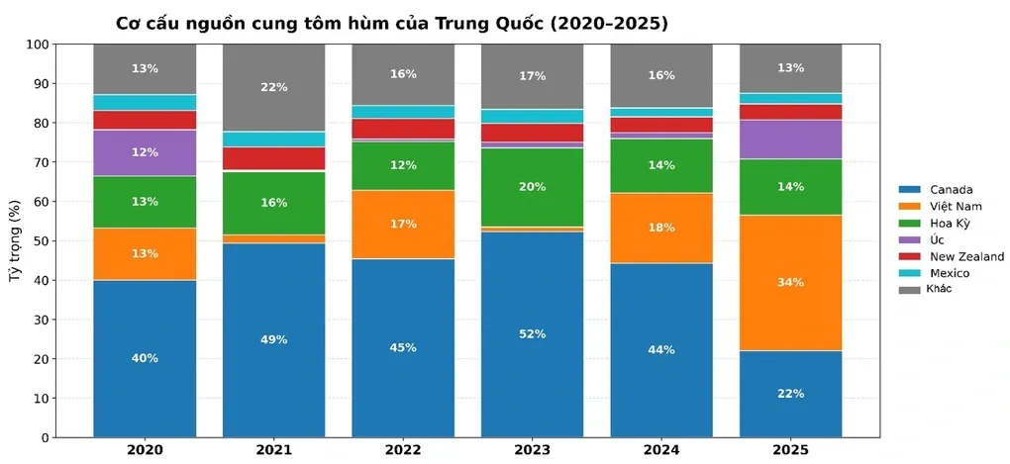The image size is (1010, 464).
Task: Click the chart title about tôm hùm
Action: tap(391, 23)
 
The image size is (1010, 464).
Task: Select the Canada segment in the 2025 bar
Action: tap(790, 394)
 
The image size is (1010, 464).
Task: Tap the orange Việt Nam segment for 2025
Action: tap(790, 282)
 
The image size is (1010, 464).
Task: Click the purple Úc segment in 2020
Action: tap(145, 152)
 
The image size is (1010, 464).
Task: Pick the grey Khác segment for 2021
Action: tap(274, 87)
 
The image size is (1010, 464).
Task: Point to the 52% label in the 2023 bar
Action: tap(533, 334)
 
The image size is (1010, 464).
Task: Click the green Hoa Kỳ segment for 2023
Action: tap(533, 187)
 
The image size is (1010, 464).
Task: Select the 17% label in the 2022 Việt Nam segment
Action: tap(403, 225)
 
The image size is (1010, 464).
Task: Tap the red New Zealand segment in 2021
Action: tap(274, 158)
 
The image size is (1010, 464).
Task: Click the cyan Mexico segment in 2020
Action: tap(145, 102)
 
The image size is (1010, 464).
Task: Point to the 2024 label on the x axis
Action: tap(661, 451)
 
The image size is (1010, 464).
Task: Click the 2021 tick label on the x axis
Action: tap(274, 451)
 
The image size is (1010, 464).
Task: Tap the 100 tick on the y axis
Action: tap(37, 45)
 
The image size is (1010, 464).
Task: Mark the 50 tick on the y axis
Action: tap(41, 241)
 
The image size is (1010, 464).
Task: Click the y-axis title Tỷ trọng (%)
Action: tap(15, 241)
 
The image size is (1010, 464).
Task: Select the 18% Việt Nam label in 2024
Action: tap(661, 228)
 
